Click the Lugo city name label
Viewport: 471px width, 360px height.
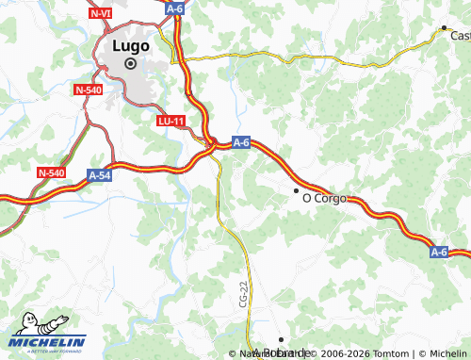tap(130, 45)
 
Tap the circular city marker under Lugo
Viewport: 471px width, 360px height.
tap(130, 63)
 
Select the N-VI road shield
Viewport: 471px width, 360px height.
tap(100, 14)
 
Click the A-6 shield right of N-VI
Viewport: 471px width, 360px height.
tap(174, 8)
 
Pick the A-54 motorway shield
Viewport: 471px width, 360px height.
tap(100, 175)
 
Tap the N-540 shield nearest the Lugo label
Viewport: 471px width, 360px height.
tap(87, 90)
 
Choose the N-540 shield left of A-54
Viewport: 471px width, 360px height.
tap(51, 172)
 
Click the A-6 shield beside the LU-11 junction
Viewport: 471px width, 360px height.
tap(240, 142)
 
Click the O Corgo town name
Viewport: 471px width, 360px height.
tap(324, 199)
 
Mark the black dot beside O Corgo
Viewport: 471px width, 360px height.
tap(296, 191)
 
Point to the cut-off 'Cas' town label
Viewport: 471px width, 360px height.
tap(460, 36)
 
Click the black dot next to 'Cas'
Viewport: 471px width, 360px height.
tap(444, 27)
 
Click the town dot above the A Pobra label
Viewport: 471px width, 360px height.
tap(281, 339)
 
